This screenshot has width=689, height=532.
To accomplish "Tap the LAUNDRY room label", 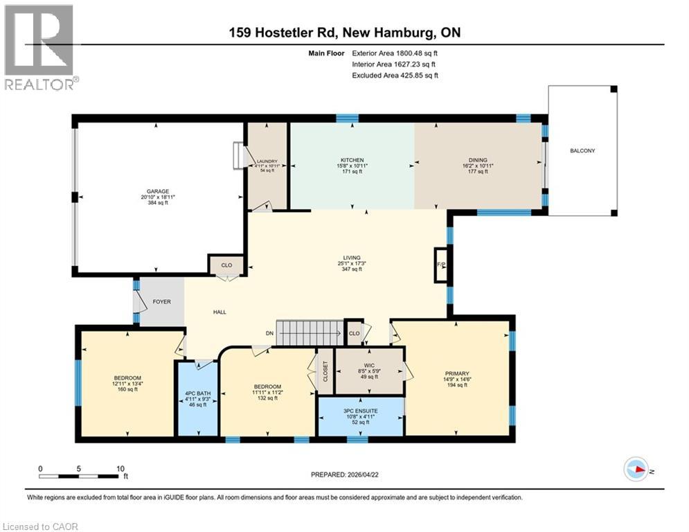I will pyautogui.click(x=267, y=160).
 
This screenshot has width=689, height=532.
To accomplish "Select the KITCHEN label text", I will pyautogui.click(x=352, y=160).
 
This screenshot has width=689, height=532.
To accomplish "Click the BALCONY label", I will pyautogui.click(x=582, y=151).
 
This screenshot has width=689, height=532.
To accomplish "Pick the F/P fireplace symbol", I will pyautogui.click(x=440, y=265).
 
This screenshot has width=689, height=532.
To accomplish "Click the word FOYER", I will pyautogui.click(x=161, y=302).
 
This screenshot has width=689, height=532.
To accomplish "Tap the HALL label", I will pyautogui.click(x=220, y=312).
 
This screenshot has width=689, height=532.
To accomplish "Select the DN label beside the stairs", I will pyautogui.click(x=270, y=332).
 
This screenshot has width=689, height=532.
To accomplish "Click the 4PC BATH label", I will pyautogui.click(x=197, y=396).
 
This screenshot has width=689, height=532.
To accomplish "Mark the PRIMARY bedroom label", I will pyautogui.click(x=456, y=372).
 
